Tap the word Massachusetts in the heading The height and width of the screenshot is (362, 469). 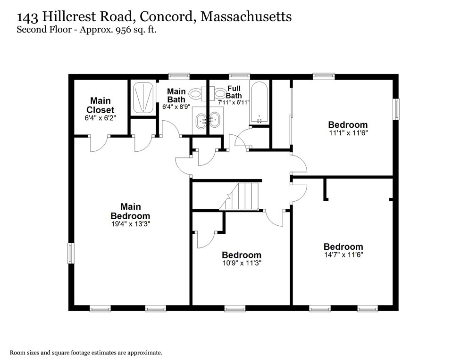click(x=246, y=17)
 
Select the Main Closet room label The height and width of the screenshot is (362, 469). click(x=100, y=105)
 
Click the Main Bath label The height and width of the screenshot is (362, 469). click(x=176, y=96)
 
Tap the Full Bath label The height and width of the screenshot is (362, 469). click(x=234, y=92)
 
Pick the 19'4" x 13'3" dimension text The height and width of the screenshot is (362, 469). click(x=130, y=224)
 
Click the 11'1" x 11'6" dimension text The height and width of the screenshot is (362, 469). click(x=348, y=133)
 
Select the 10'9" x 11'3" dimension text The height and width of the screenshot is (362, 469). click(x=241, y=263)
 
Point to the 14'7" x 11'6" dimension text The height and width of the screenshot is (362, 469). click(x=343, y=255)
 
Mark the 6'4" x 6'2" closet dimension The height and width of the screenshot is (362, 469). click(x=100, y=118)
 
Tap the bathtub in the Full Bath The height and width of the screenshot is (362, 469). click(x=260, y=102)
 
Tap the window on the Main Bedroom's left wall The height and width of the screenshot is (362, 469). click(x=71, y=253)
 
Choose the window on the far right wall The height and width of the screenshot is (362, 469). click(x=396, y=109)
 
